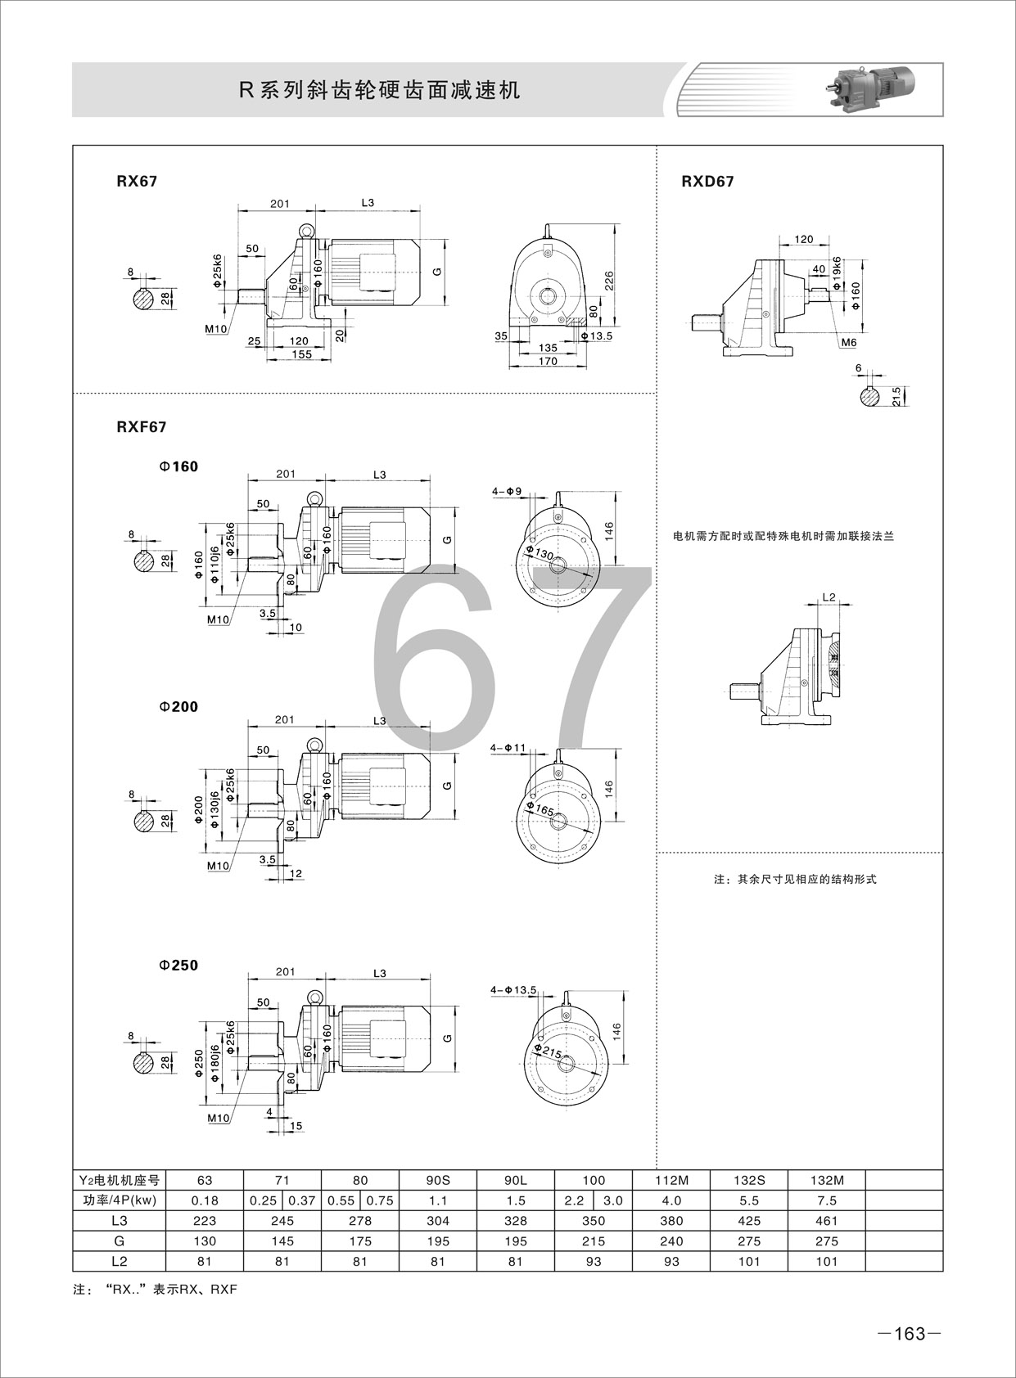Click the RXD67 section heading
(707, 182)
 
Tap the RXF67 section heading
(142, 427)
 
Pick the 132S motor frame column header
(749, 1181)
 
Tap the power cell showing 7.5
(826, 1200)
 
